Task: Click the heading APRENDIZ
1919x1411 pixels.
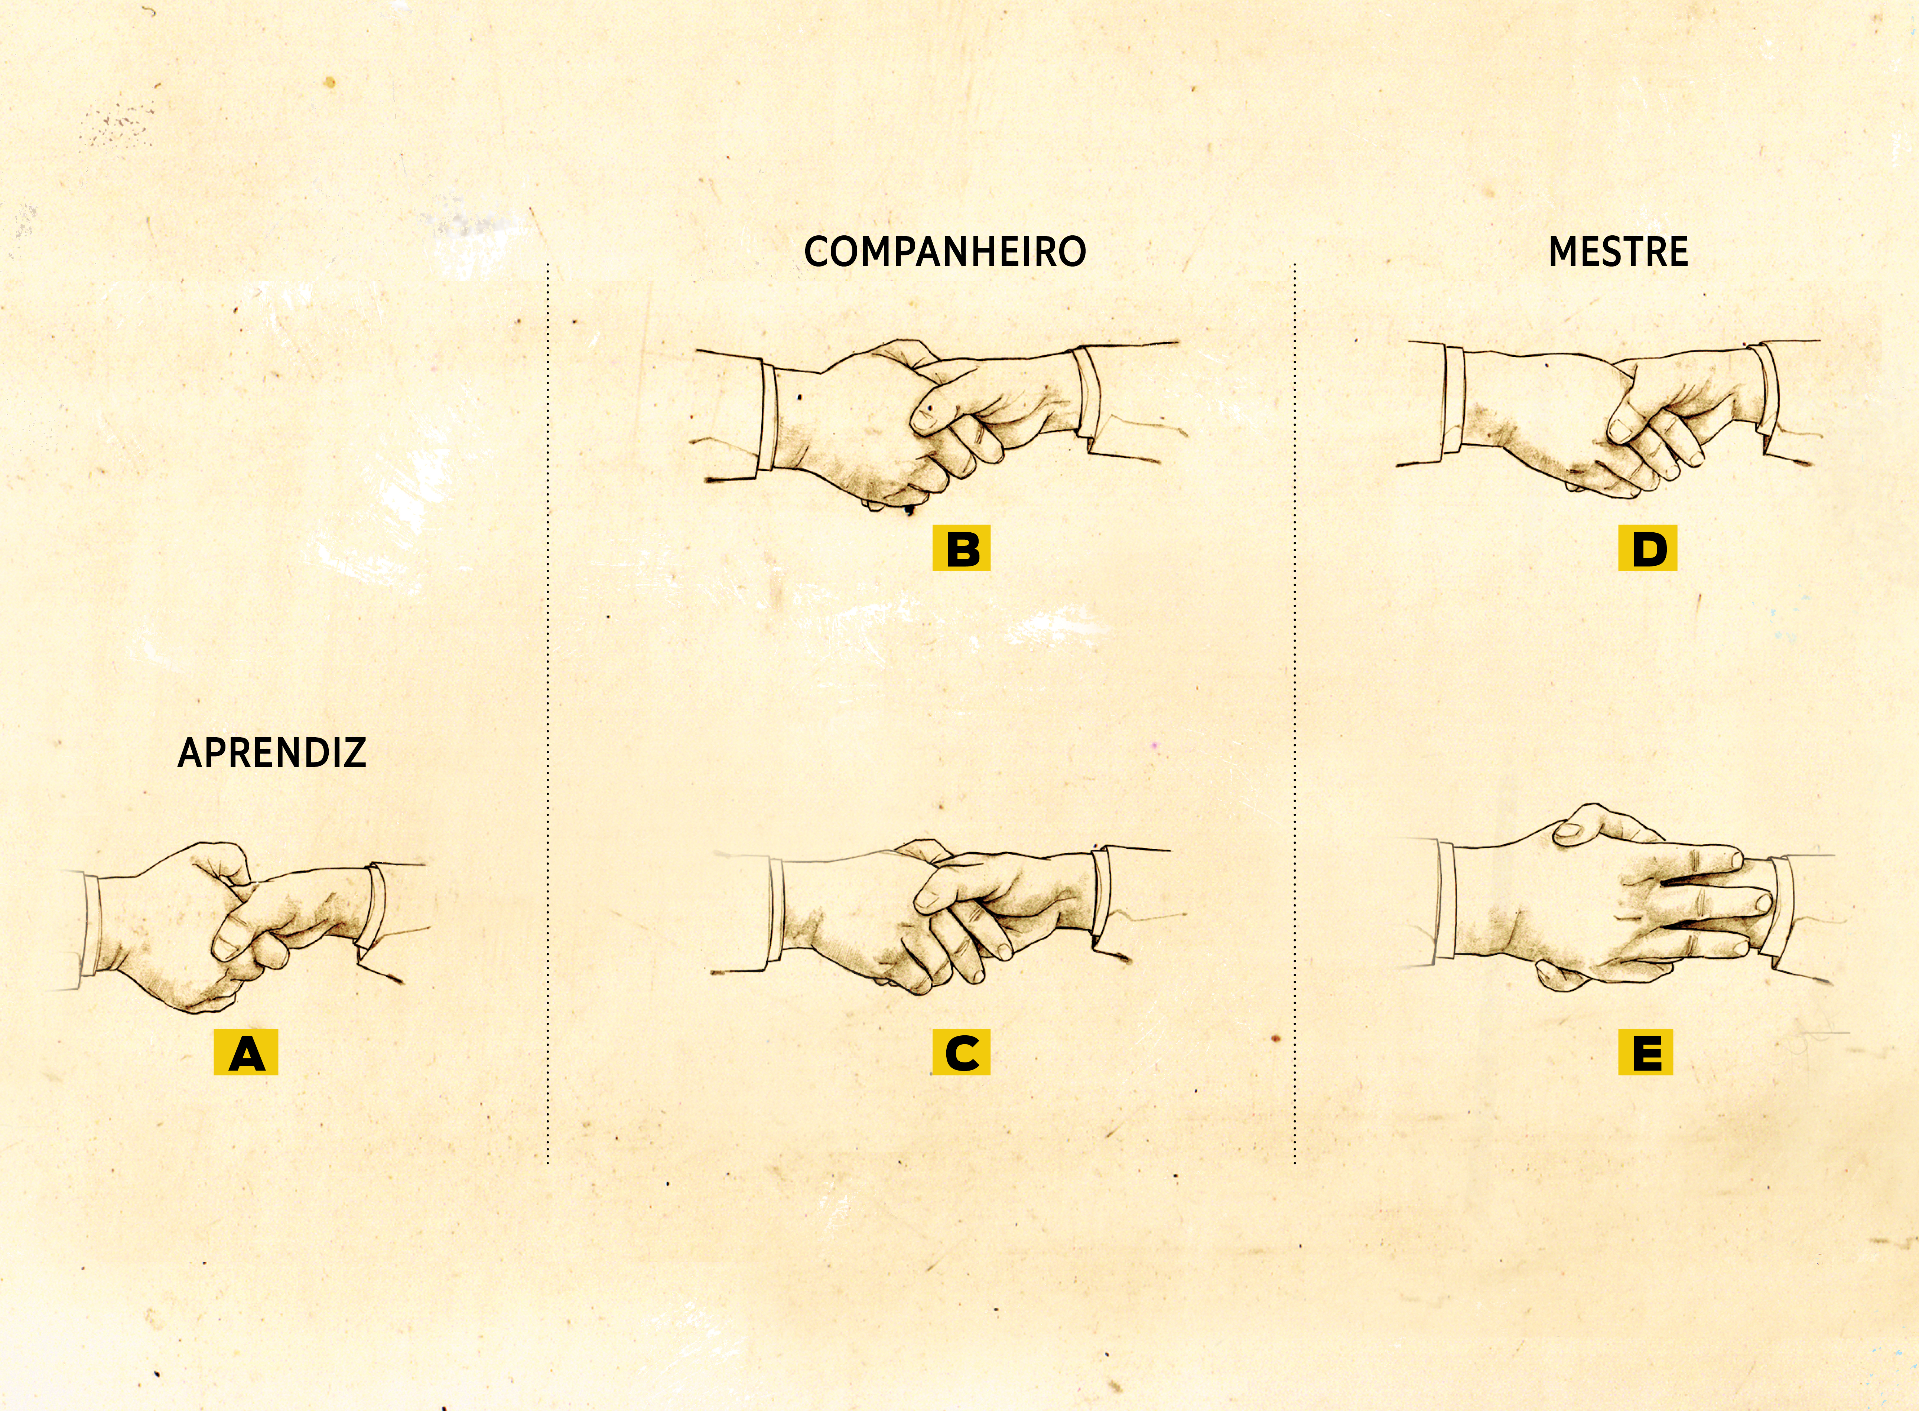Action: pos(272,752)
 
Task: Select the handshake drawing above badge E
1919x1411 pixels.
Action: pos(1615,897)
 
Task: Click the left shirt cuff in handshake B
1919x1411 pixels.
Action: pos(767,418)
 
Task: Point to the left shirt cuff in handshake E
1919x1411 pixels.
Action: pos(1446,901)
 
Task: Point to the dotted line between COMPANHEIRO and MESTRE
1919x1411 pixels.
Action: pos(1294,713)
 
